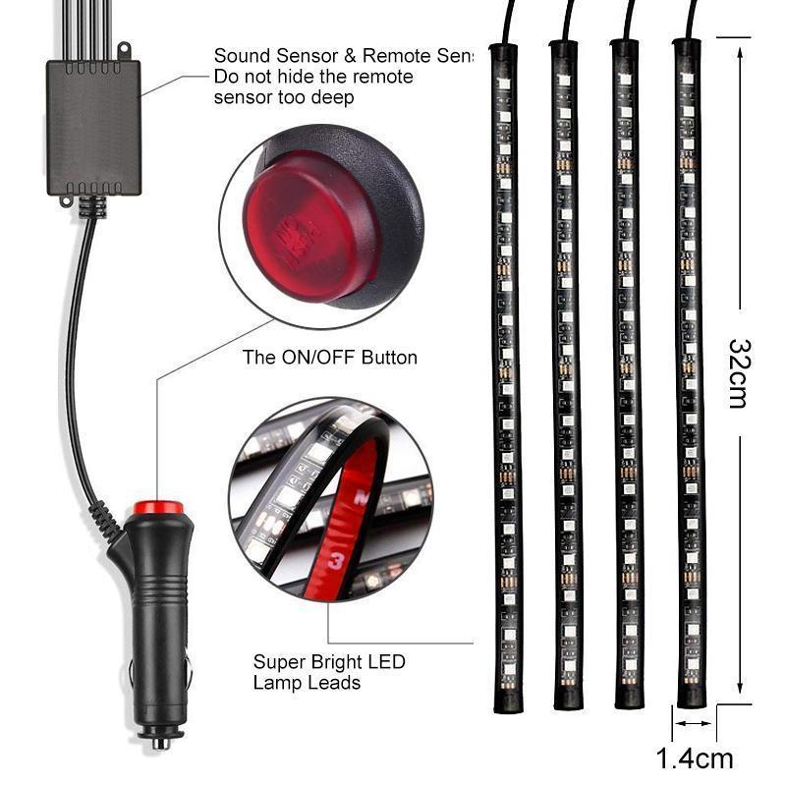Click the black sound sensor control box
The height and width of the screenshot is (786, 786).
coord(92,126)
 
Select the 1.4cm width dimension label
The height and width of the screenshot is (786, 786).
coord(695,758)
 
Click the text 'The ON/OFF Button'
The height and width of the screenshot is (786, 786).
coord(330,358)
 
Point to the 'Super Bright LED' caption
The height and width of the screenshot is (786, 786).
coord(329,662)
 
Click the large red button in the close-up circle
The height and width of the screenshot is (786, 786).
coord(316,225)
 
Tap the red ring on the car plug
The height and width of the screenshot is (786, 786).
coord(156,508)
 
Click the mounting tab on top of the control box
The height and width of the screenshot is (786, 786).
coord(124,50)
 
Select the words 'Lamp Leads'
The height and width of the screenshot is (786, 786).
coord(307,683)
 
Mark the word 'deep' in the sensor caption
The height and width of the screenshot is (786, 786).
coord(331,98)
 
